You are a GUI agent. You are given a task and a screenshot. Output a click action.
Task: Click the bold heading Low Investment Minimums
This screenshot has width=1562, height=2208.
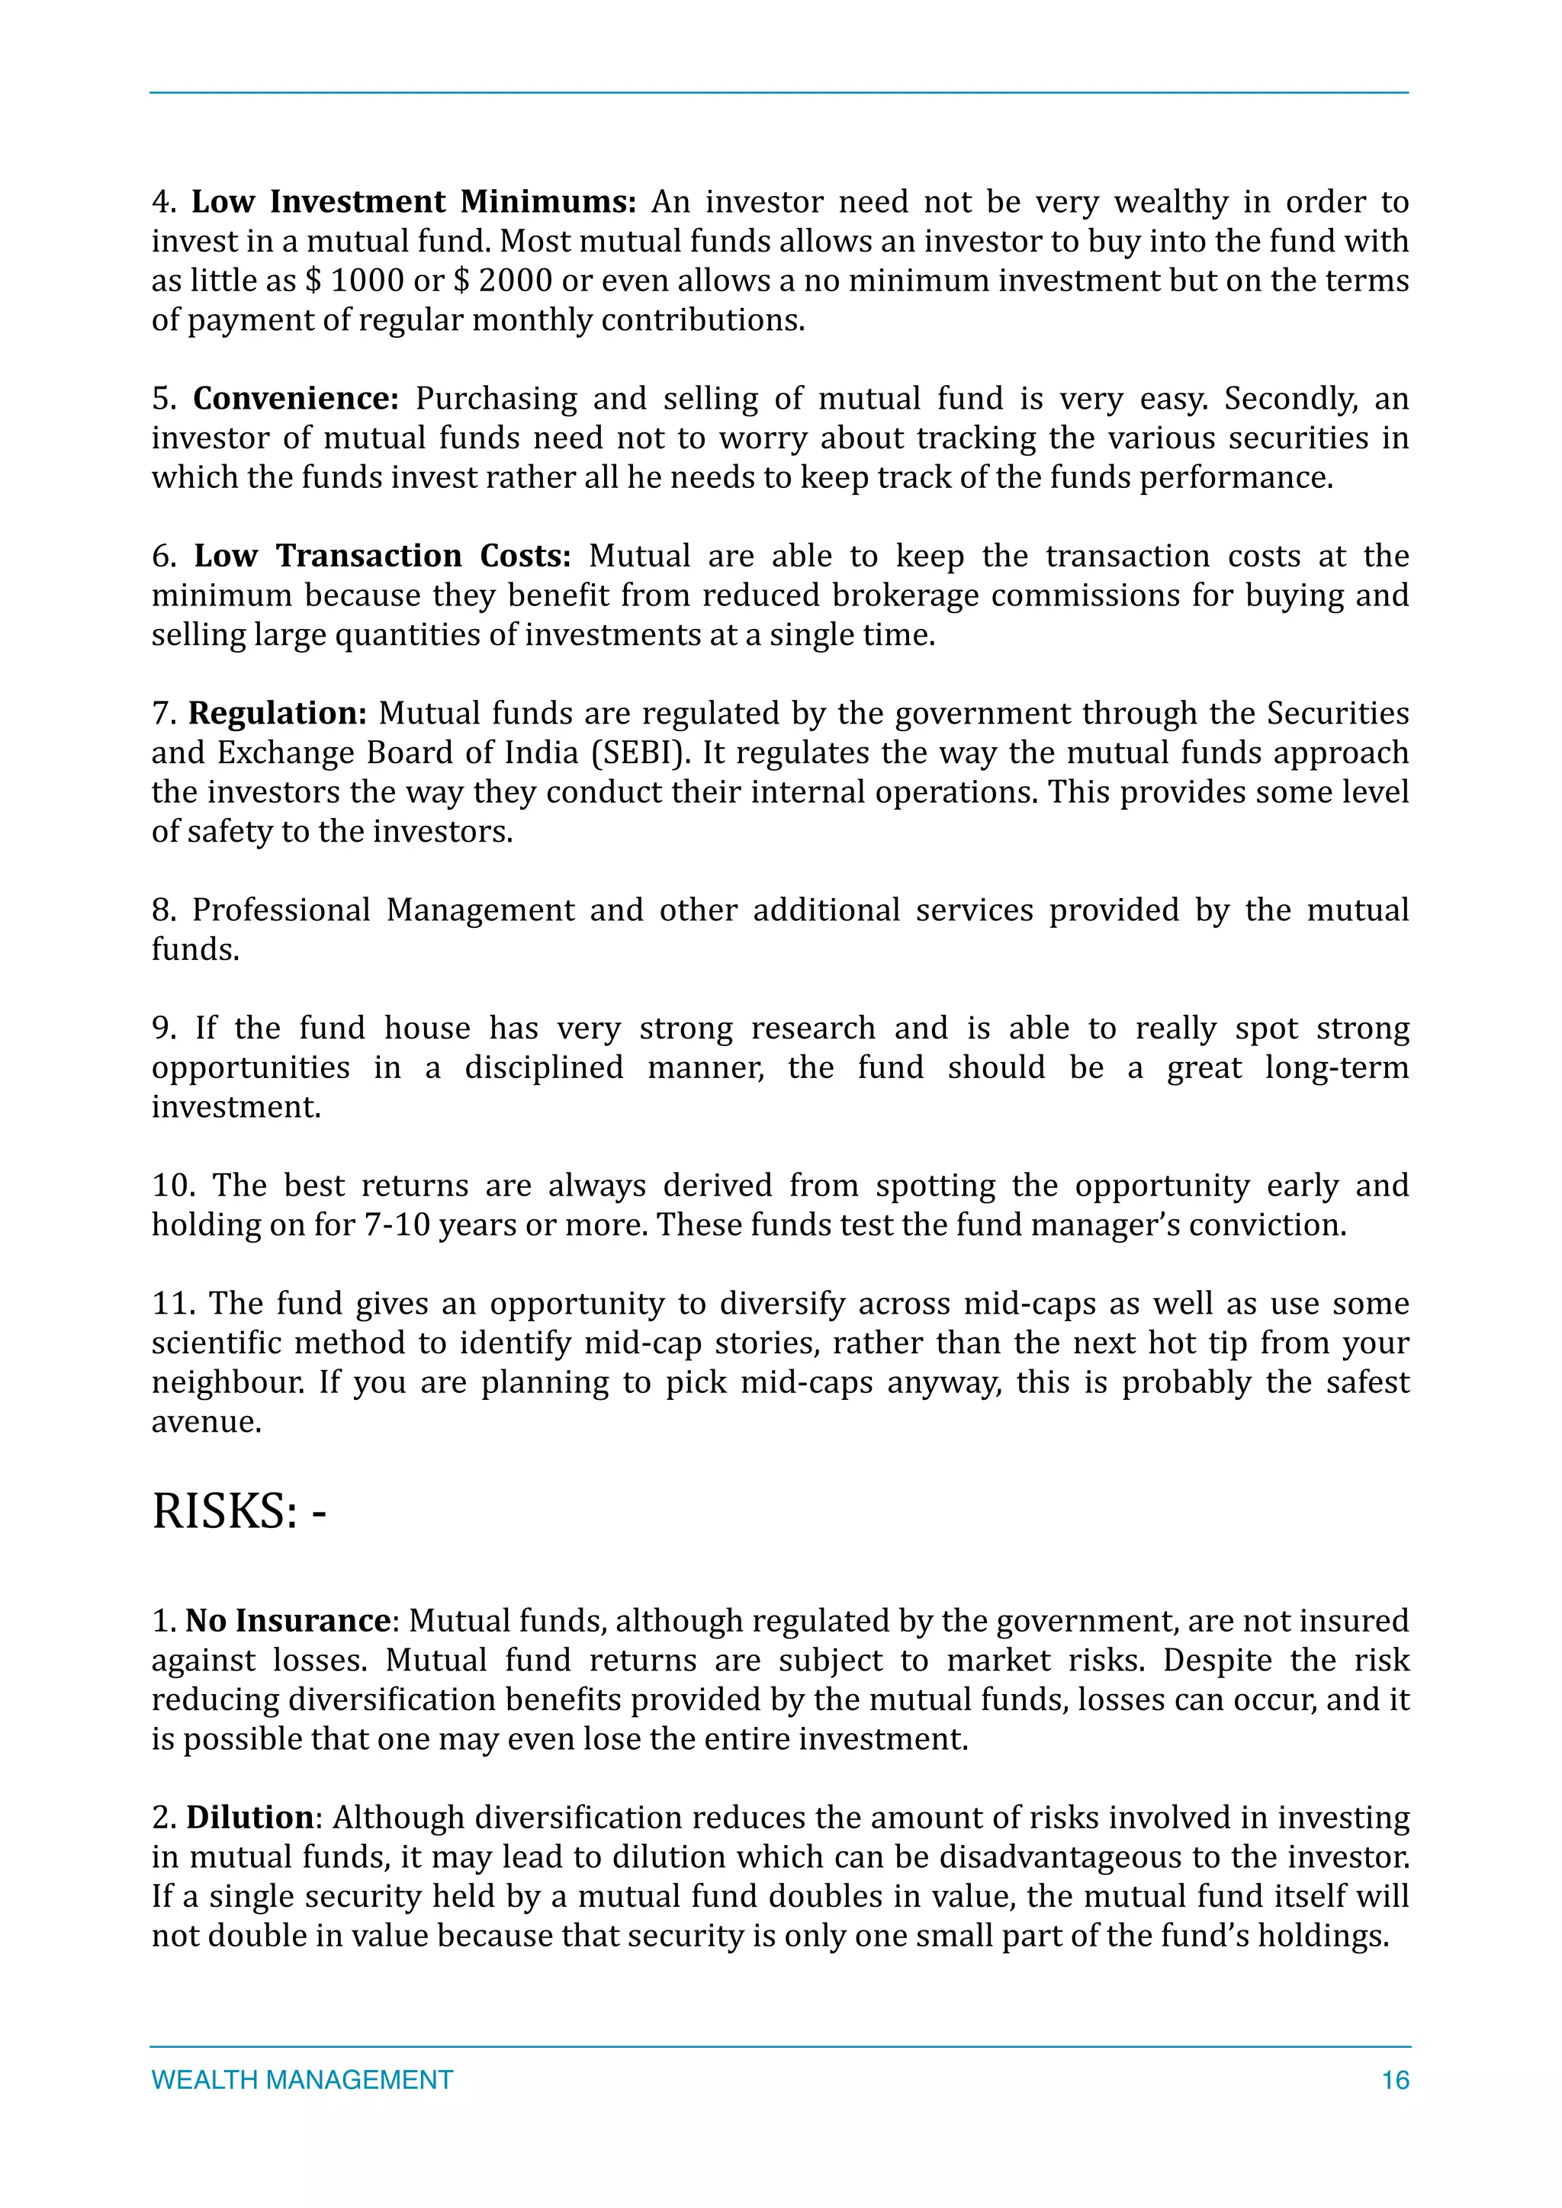[x=413, y=202]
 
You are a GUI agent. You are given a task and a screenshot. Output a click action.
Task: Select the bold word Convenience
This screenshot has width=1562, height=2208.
[x=295, y=398]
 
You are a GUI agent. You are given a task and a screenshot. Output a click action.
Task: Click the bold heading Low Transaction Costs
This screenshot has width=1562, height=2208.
[x=382, y=556]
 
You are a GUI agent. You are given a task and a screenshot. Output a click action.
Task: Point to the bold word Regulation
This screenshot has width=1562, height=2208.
[x=277, y=714]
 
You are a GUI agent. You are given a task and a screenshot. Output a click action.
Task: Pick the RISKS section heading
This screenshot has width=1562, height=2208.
[x=239, y=1511]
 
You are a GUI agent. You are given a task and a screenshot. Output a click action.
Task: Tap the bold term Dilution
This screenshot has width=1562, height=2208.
[x=249, y=1818]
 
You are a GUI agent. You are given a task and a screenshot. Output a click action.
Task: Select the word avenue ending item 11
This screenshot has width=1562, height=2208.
[x=205, y=1422]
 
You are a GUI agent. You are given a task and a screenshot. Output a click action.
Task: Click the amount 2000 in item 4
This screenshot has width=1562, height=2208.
[x=516, y=281]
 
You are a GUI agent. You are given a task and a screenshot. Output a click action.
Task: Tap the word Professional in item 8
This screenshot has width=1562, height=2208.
[x=281, y=910]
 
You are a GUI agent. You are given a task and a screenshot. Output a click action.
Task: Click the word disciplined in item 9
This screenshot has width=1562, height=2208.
[x=544, y=1067]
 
